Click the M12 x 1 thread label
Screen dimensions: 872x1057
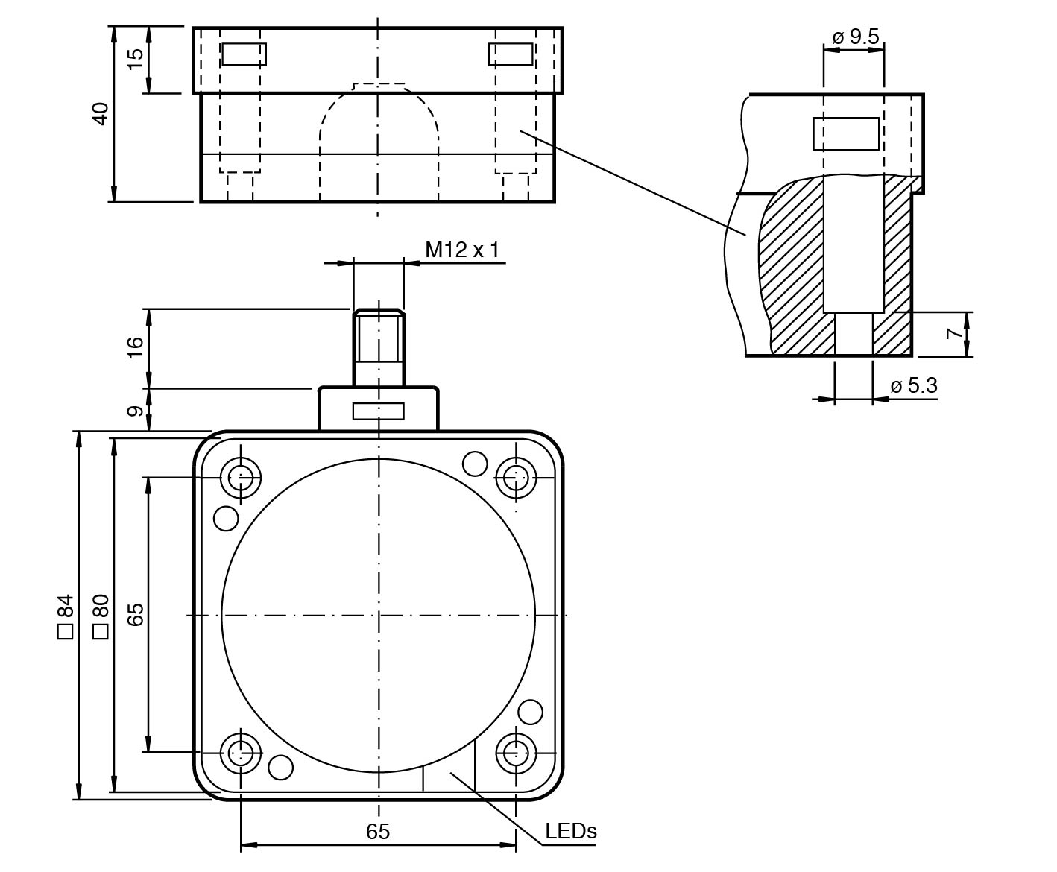tap(461, 250)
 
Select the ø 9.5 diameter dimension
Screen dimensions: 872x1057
tap(855, 37)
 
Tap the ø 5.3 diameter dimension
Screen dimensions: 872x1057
tap(913, 386)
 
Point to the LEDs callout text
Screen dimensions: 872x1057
tap(571, 831)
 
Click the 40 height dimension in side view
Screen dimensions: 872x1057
tap(100, 113)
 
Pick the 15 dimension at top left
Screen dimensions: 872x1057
tap(135, 60)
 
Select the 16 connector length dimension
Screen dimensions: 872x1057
tap(135, 347)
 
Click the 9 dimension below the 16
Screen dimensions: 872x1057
tap(135, 411)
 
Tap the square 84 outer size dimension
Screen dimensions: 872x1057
tap(65, 616)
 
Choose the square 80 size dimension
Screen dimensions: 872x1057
tap(100, 616)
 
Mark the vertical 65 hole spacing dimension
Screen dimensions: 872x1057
tap(135, 616)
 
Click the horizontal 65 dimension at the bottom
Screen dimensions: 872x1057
tap(378, 832)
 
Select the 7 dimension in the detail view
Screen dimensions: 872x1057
tap(955, 334)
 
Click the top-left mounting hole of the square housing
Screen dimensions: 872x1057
tap(241, 477)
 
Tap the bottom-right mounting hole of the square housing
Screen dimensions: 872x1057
tap(516, 753)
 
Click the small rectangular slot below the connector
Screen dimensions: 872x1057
tap(379, 411)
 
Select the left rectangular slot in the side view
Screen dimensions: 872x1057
tap(244, 54)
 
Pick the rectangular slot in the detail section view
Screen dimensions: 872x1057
tap(845, 134)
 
